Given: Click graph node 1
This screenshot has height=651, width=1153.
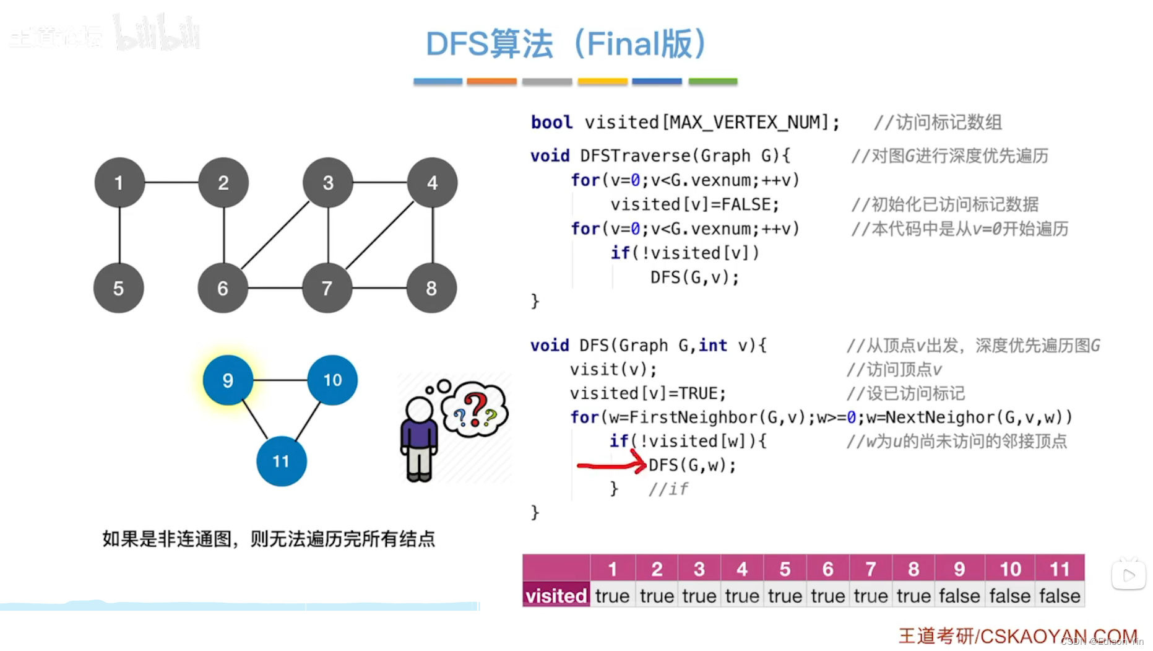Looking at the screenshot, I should click(119, 183).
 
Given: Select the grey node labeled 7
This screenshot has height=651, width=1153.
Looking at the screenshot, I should click(327, 288).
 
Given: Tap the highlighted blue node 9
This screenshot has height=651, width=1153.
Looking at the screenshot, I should click(228, 380).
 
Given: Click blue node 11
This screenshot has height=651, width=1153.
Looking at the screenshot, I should click(281, 461).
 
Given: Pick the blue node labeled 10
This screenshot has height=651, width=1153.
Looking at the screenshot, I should click(332, 380).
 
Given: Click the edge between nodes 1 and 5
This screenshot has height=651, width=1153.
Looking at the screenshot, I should click(119, 235).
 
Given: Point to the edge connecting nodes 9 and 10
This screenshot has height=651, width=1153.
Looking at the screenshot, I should click(280, 380).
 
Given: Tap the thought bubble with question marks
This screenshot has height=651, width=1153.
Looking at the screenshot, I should click(475, 409).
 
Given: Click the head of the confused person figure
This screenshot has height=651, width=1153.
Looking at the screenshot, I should click(420, 409).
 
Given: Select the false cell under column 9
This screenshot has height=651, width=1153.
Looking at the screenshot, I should click(959, 596).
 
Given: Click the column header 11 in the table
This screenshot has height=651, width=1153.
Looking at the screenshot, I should click(1060, 569).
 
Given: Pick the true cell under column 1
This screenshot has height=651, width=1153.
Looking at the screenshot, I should click(612, 596).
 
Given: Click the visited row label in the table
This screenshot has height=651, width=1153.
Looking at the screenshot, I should click(556, 596).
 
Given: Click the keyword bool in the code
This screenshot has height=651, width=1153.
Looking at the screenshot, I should click(551, 122).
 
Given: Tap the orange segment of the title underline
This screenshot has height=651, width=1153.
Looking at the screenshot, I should click(491, 81).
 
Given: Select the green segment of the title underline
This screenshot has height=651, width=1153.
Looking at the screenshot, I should click(712, 81).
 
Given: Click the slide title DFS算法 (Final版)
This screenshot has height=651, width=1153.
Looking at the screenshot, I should click(566, 44).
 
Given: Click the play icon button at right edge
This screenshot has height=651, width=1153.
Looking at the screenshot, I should click(1128, 575).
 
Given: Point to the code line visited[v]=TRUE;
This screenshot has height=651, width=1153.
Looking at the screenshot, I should click(647, 393).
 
